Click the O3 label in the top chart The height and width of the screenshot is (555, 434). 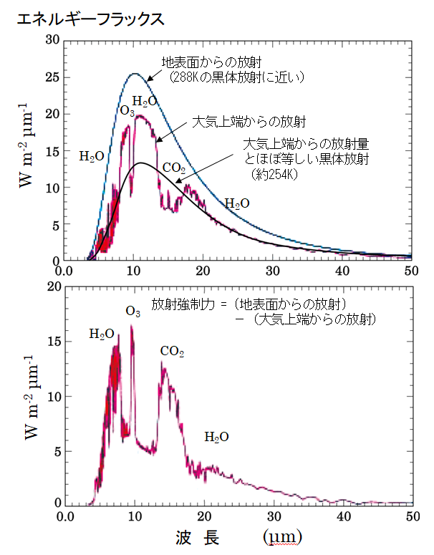coord(127,111)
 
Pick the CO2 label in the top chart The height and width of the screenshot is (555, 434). coord(174,168)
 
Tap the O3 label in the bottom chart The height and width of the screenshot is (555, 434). coord(132,311)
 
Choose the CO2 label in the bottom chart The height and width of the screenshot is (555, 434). coord(172,351)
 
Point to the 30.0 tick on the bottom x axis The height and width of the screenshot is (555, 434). coord(272,516)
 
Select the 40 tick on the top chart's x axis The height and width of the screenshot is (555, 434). coord(342,271)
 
